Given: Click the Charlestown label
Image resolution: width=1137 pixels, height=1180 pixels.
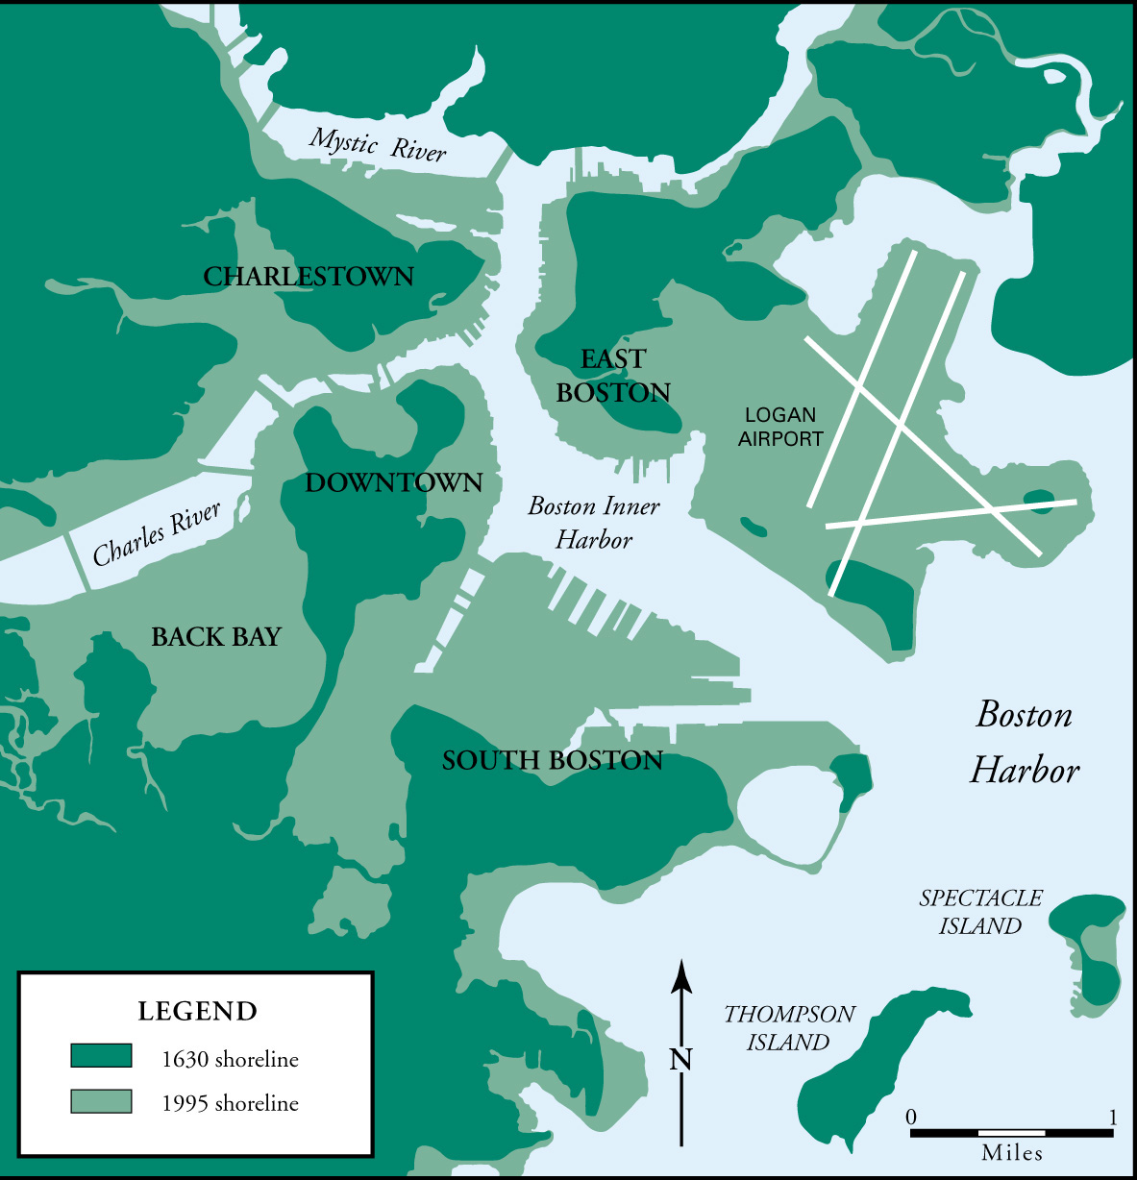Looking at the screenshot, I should (309, 277).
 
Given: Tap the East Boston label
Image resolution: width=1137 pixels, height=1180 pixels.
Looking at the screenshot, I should (613, 376).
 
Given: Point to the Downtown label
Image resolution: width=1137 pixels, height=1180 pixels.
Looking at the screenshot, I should (394, 482).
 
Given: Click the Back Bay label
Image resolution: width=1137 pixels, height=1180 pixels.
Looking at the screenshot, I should (216, 637).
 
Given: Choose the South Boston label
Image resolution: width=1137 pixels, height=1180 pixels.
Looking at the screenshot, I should (553, 761).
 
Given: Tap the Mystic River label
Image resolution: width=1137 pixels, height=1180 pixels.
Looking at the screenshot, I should (378, 145).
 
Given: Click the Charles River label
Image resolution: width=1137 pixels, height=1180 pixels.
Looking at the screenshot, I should (157, 534).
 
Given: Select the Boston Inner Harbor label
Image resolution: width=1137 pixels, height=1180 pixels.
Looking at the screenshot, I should (594, 523).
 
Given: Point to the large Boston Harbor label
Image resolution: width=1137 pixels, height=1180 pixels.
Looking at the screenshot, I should (1025, 742).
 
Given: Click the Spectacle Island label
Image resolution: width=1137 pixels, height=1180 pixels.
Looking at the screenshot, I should (980, 912).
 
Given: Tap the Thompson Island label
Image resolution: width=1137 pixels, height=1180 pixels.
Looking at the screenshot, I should (789, 1028).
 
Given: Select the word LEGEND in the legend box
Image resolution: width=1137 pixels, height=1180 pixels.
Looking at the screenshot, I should (197, 1012).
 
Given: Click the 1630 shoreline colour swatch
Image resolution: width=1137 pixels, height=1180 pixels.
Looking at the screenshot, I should (101, 1056).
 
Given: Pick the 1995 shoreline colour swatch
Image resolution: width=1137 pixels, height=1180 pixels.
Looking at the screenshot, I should (101, 1101).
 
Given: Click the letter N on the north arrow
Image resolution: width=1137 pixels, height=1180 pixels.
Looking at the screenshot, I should (680, 1060).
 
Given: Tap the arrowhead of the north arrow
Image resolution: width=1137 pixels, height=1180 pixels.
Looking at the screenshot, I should (681, 974).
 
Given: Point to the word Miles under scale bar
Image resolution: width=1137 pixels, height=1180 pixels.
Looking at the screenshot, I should (1012, 1153).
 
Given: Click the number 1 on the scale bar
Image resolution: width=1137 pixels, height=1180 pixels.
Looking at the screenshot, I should (1113, 1118).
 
